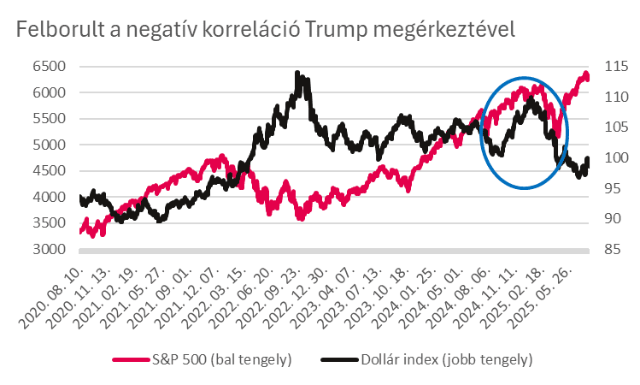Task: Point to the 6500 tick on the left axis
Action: click(x=49, y=66)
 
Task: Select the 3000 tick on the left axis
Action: click(x=49, y=250)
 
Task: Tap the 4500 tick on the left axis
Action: click(x=49, y=171)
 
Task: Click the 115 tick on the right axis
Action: click(x=614, y=66)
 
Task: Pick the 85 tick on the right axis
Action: click(x=611, y=250)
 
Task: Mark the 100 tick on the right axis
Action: click(x=614, y=158)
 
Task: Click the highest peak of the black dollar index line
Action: click(x=297, y=74)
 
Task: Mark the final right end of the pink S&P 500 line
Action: click(x=587, y=78)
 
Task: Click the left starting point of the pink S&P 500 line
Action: click(x=80, y=231)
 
